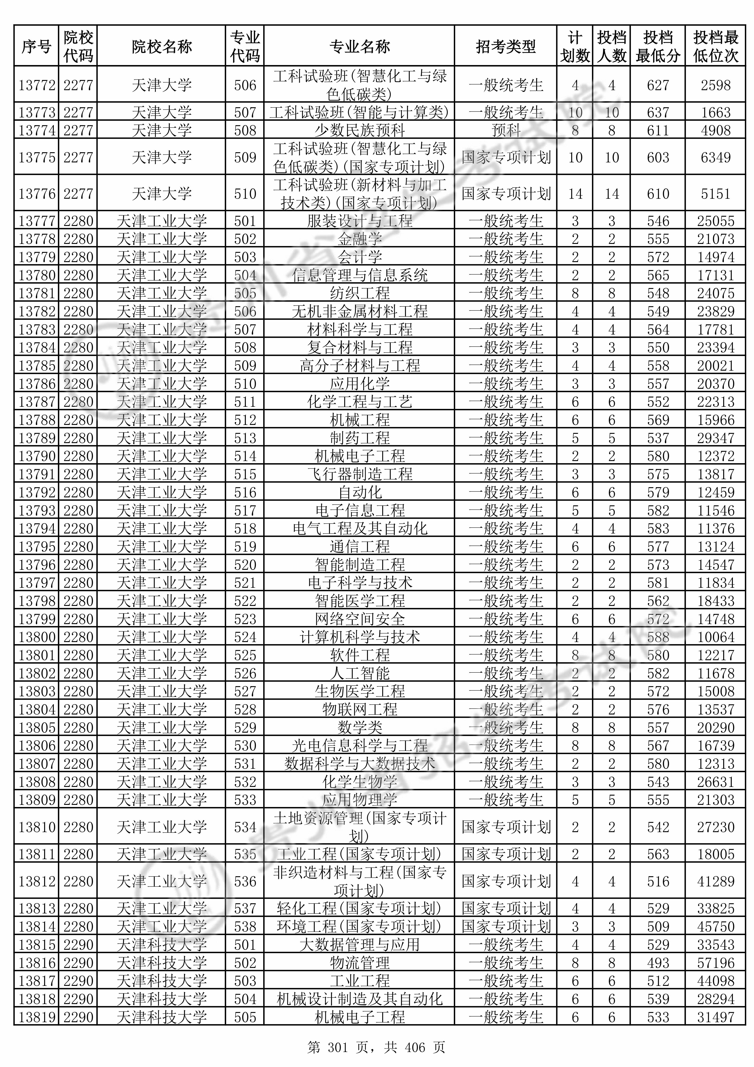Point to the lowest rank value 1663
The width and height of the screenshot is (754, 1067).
(715, 112)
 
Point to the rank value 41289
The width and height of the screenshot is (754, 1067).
(715, 882)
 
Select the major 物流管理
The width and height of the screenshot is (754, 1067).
(359, 963)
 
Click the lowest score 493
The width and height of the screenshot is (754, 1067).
(658, 963)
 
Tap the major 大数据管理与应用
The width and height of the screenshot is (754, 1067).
(359, 945)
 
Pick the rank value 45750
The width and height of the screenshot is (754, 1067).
(715, 927)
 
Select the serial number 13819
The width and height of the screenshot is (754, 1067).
(37, 1017)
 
